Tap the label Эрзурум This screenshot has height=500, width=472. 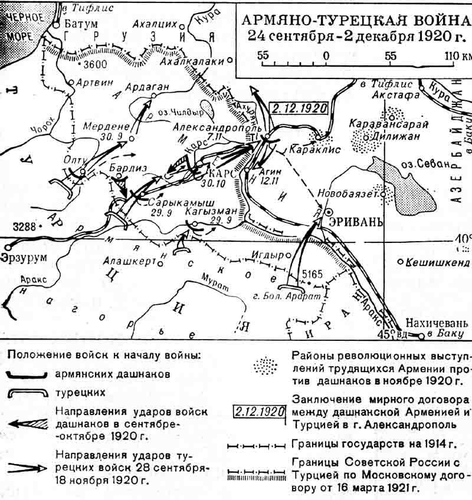coord(25,258)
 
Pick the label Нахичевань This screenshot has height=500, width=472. coord(436,324)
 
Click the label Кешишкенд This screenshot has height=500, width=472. coord(437,262)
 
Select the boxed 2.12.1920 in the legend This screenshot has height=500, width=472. coord(260,411)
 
